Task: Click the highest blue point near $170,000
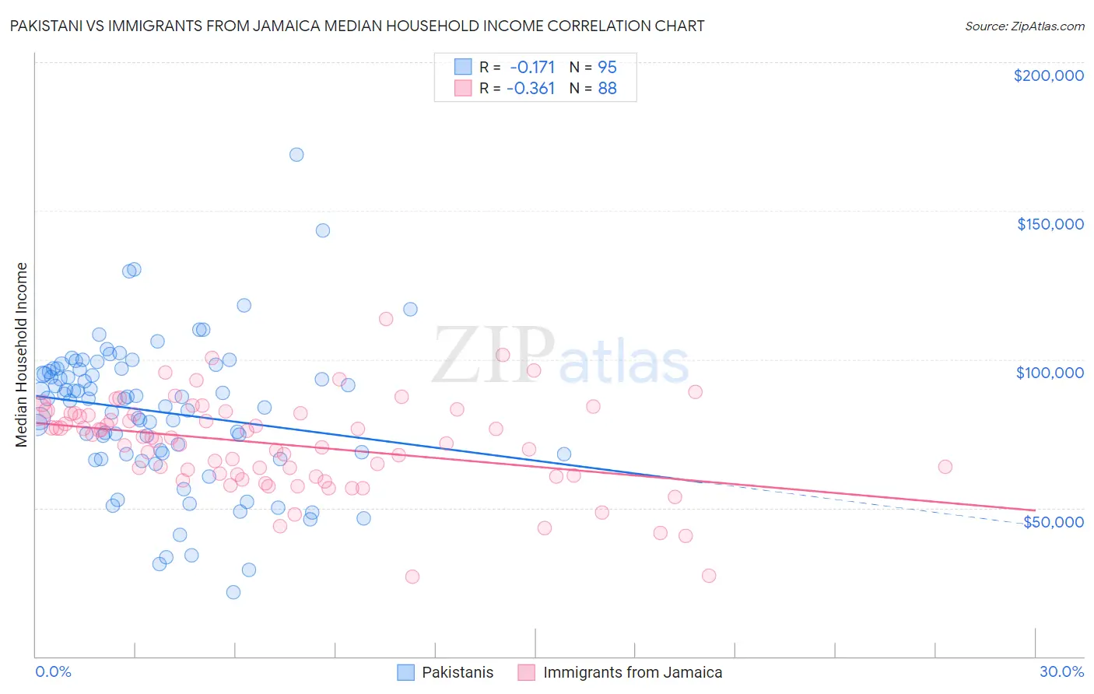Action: coord(296,155)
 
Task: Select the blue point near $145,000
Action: coord(323,230)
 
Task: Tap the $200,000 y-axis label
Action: coord(1048,75)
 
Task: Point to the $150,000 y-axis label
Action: coord(1050,224)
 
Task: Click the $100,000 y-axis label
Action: coord(1050,373)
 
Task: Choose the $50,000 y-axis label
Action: coord(1053,522)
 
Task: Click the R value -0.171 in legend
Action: coord(532,68)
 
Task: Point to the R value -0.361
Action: coord(531,89)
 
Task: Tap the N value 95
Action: coord(607,68)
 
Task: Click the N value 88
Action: coord(607,89)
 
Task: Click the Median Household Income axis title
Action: coord(22,355)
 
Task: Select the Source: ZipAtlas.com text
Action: coord(1024,26)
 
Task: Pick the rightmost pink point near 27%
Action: coord(945,467)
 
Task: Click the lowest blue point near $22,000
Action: coord(233,592)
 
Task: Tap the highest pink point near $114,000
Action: coord(386,319)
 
